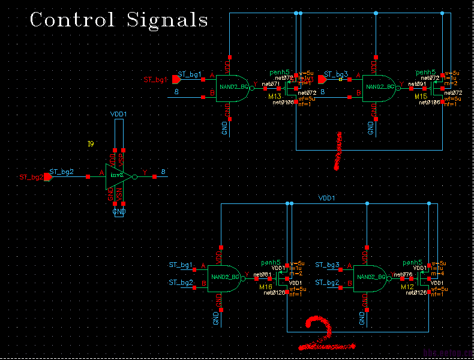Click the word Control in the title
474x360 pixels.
[x=73, y=19]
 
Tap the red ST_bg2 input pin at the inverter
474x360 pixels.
[x=47, y=176]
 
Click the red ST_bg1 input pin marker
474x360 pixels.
[x=176, y=79]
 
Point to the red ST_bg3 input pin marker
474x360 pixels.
[x=322, y=79]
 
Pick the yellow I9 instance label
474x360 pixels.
[x=91, y=144]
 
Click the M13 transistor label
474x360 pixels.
[x=275, y=97]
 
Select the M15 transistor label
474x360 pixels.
[x=420, y=97]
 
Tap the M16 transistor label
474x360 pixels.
[x=265, y=287]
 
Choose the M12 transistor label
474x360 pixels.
[x=407, y=287]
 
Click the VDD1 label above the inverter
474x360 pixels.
[x=119, y=113]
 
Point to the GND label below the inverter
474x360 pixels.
[x=119, y=212]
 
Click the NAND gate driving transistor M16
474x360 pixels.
[x=224, y=277]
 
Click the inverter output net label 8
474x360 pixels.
[x=163, y=172]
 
